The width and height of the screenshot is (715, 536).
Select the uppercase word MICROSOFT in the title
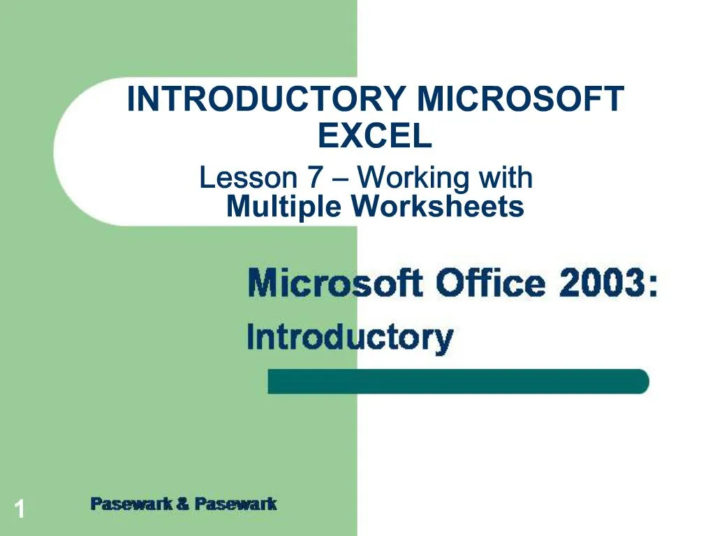(x=520, y=99)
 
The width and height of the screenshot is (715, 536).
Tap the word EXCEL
(x=375, y=136)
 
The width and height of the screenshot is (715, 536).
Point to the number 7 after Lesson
(x=314, y=179)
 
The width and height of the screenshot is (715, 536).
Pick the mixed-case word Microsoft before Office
(x=335, y=284)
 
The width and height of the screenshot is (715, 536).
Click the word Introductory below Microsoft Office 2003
(x=350, y=338)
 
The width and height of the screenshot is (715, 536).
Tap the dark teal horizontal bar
(x=459, y=382)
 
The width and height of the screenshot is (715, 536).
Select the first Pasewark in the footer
(x=131, y=504)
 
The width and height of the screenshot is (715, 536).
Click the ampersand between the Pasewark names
(x=183, y=504)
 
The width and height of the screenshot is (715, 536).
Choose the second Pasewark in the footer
(x=235, y=504)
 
